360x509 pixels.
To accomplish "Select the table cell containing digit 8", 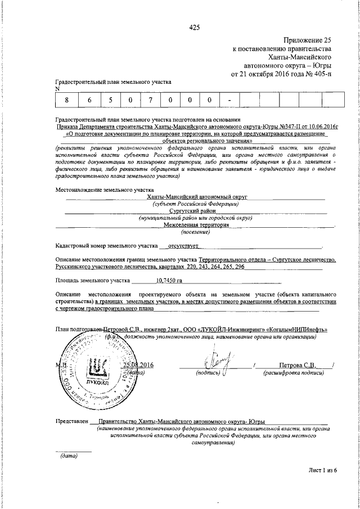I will coord(66,100).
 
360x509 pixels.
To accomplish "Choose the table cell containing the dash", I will coord(229,100).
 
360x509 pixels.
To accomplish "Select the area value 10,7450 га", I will coord(169,280).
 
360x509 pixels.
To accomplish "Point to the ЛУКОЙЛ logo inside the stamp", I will coord(100,368).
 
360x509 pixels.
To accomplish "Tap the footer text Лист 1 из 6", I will coord(322,469).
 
